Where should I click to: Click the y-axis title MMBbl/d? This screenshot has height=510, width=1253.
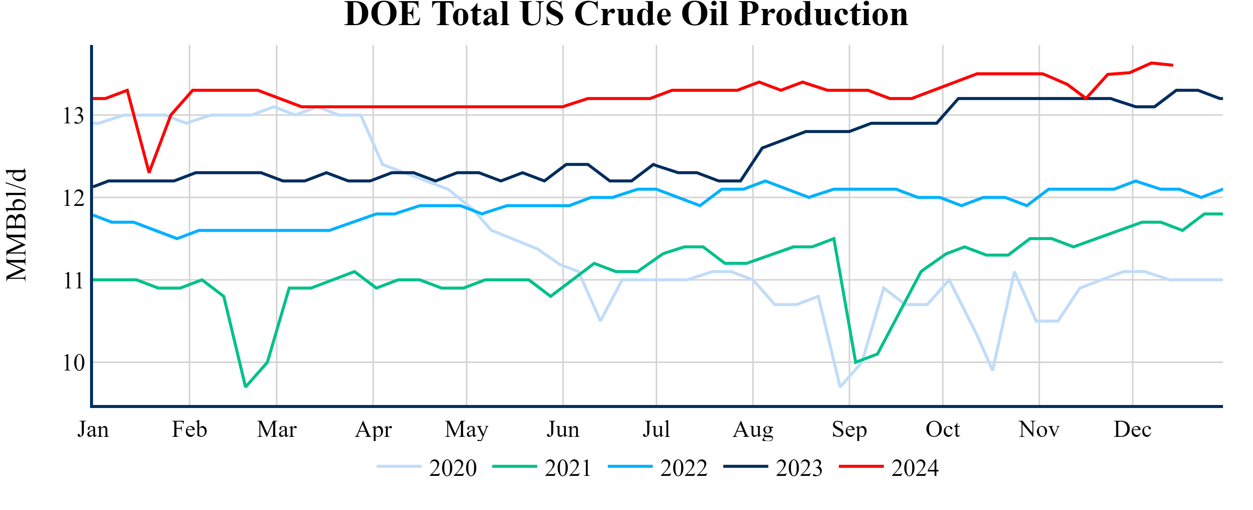17,225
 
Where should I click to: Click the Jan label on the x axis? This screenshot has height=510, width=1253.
93,429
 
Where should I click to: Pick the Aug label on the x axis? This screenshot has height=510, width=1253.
753,429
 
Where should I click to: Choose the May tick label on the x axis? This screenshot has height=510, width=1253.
466,429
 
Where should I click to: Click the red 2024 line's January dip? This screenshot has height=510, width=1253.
149,172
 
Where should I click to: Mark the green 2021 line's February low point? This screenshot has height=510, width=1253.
246,387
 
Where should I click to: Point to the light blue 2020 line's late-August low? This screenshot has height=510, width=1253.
840,387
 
